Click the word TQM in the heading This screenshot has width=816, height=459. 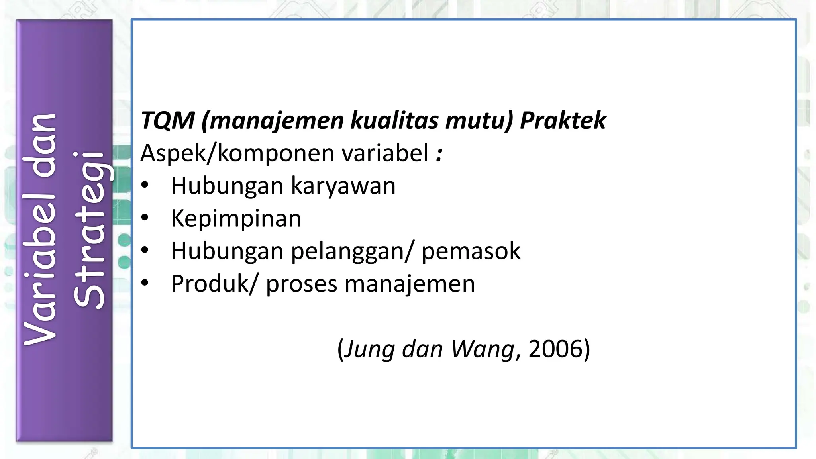tap(168, 120)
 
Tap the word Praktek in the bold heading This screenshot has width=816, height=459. tap(563, 120)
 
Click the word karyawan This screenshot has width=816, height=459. tap(343, 186)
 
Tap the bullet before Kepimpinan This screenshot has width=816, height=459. tap(145, 218)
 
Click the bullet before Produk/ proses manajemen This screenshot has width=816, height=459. tap(145, 283)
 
